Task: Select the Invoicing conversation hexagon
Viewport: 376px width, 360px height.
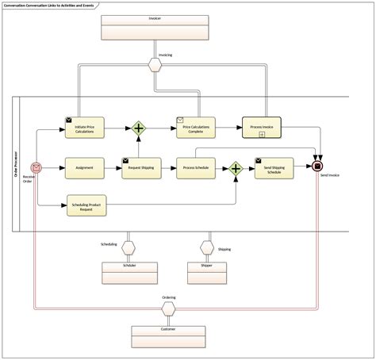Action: click(x=155, y=66)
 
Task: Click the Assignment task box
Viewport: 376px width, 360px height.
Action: click(x=84, y=168)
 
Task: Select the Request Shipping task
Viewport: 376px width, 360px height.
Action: click(x=141, y=168)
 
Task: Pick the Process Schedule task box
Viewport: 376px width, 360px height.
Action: click(x=196, y=168)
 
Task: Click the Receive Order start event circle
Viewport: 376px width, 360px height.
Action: click(x=36, y=168)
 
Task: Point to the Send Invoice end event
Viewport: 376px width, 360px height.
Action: click(x=318, y=166)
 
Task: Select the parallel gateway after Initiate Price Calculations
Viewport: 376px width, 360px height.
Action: click(x=139, y=127)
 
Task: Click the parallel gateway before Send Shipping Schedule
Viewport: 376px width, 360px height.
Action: click(x=236, y=168)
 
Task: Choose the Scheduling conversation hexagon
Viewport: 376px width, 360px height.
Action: click(x=129, y=247)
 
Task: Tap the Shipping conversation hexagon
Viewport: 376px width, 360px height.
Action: click(x=207, y=247)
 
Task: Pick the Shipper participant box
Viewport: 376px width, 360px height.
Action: click(x=207, y=272)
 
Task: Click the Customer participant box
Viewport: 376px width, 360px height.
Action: click(x=168, y=335)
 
